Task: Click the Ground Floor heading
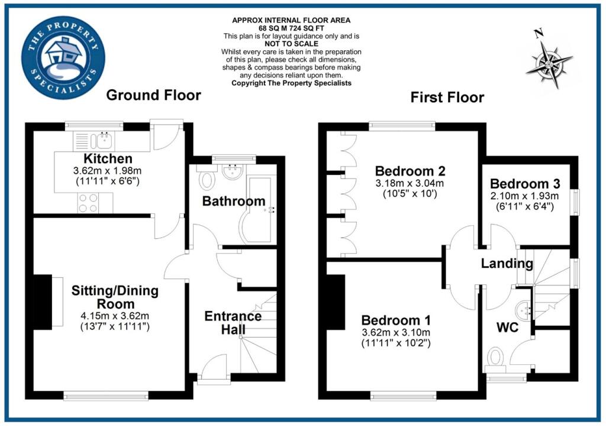pos(153,95)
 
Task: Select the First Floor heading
pos(447,98)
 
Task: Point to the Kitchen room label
pos(108,159)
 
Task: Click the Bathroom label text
pos(234,202)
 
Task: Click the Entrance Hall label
pos(233,323)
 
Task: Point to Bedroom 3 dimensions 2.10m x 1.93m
pos(525,196)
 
